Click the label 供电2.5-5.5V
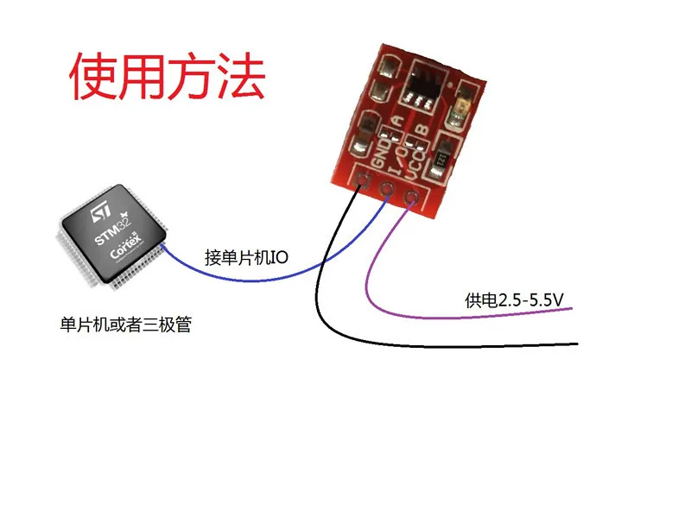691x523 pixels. pyautogui.click(x=514, y=300)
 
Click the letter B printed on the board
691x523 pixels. pyautogui.click(x=422, y=130)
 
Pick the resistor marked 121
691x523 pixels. pyautogui.click(x=440, y=159)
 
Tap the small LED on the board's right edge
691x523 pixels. pyautogui.click(x=461, y=109)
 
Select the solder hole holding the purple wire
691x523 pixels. pyautogui.click(x=411, y=196)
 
